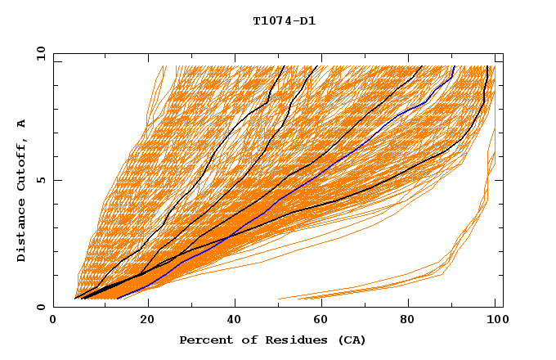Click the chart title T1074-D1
[x=285, y=21]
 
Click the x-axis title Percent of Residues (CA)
[x=272, y=340]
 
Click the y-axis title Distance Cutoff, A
[x=21, y=190]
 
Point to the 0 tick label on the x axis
[x=53, y=320]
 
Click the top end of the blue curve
[x=454, y=65]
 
